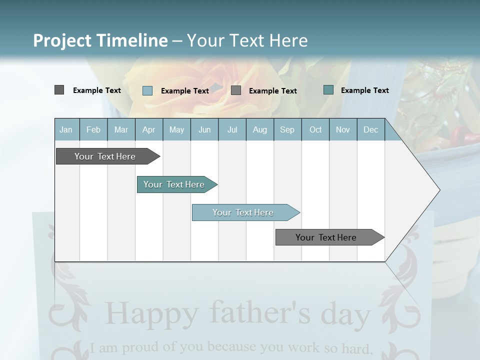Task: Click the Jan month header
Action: click(66, 129)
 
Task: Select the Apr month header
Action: click(148, 129)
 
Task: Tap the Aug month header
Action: click(259, 129)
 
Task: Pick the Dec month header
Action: click(370, 129)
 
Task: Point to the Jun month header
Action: click(204, 129)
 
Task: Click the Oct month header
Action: click(315, 129)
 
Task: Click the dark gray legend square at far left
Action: click(59, 90)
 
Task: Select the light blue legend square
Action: click(147, 90)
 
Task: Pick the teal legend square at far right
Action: click(328, 90)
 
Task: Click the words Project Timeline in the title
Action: click(100, 40)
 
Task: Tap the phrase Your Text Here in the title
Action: click(247, 40)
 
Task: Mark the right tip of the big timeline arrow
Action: click(439, 190)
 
